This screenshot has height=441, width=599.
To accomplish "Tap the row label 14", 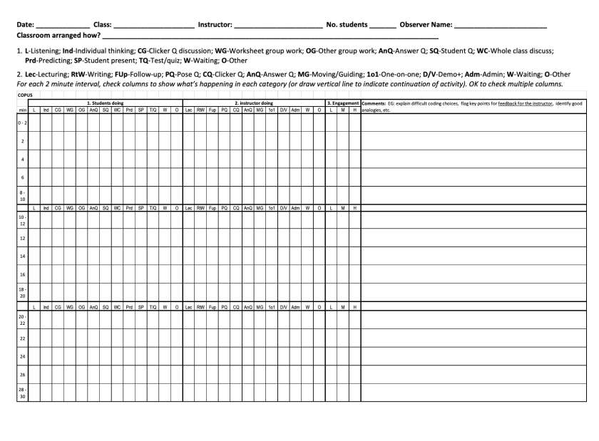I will [23, 256].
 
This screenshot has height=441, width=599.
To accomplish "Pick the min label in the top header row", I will [23, 110].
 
